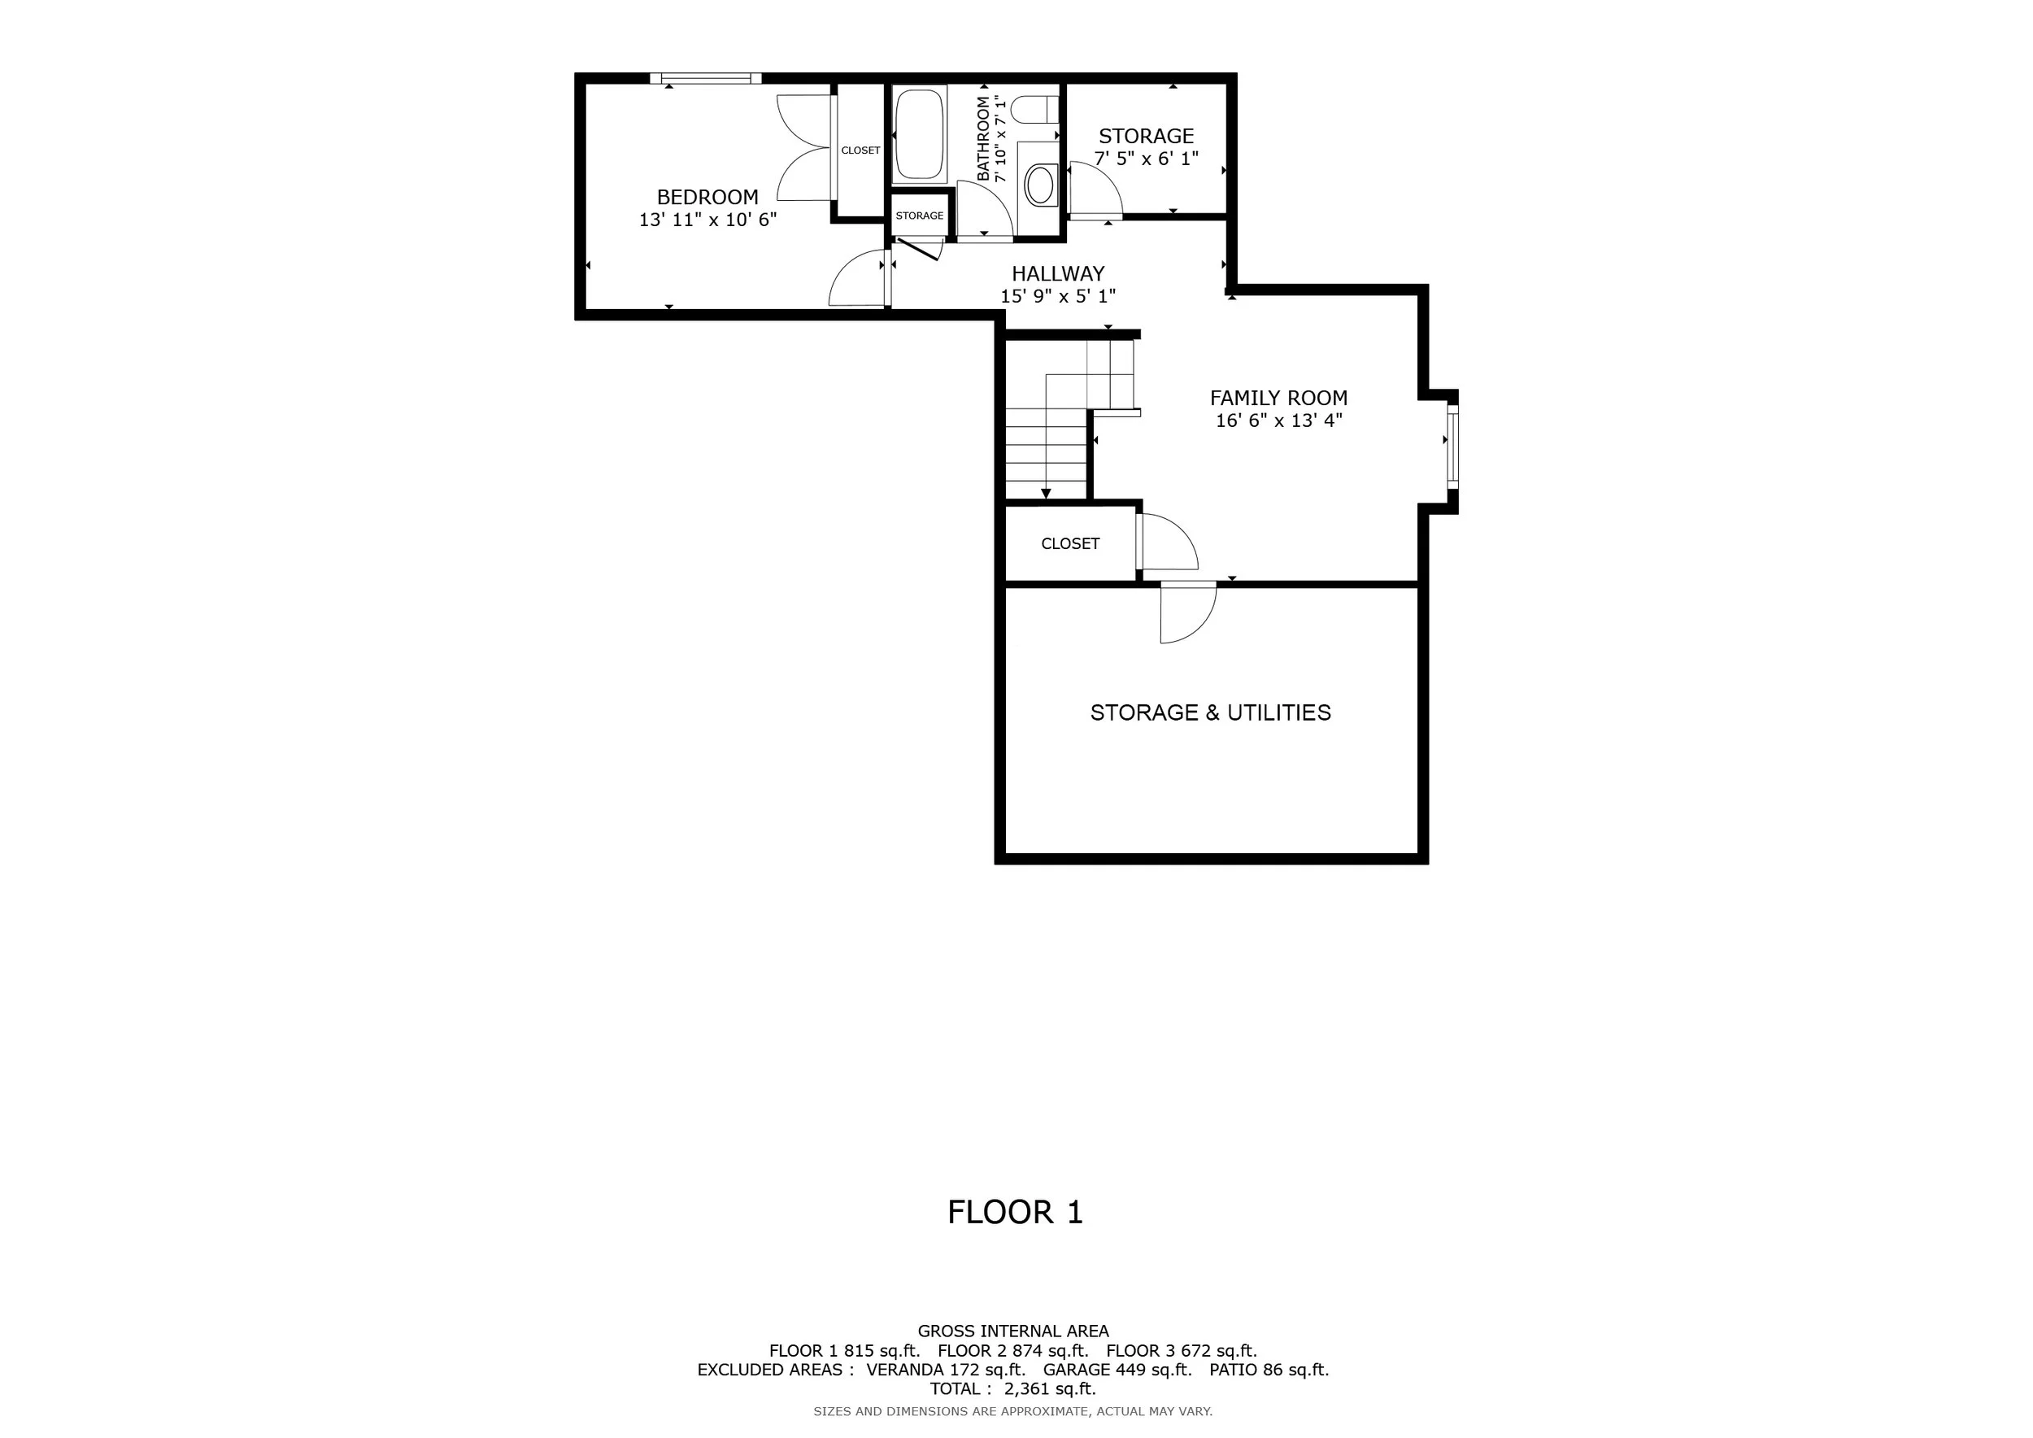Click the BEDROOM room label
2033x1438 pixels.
(x=707, y=197)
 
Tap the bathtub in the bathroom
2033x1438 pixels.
(x=919, y=134)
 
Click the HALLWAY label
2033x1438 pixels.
(x=1058, y=273)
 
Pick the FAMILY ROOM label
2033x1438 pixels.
(x=1278, y=399)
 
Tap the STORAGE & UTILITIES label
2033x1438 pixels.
(x=1210, y=712)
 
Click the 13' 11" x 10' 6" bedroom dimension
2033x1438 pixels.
(x=707, y=220)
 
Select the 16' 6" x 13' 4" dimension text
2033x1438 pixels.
(x=1278, y=421)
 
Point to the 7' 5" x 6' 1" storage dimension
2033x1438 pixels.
(x=1147, y=159)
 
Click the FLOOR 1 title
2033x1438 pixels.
(x=1016, y=1212)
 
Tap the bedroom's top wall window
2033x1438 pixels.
(x=706, y=79)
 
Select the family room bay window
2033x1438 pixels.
(x=1452, y=446)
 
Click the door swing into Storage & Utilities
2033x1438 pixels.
(x=1188, y=613)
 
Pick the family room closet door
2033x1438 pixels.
(x=1167, y=542)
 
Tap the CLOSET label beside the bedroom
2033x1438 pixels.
(x=860, y=150)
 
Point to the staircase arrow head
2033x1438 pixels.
(x=1046, y=494)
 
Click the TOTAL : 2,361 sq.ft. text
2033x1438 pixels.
(x=1013, y=1389)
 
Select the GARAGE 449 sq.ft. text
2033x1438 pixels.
(x=1117, y=1370)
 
